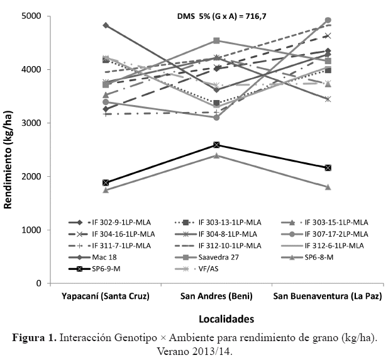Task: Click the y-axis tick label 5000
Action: [33, 16]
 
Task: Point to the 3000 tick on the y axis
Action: [33, 123]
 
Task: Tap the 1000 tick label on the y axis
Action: [33, 230]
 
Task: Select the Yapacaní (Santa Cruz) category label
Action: [106, 296]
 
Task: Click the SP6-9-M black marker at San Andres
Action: [216, 145]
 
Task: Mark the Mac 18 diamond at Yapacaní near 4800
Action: [106, 25]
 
